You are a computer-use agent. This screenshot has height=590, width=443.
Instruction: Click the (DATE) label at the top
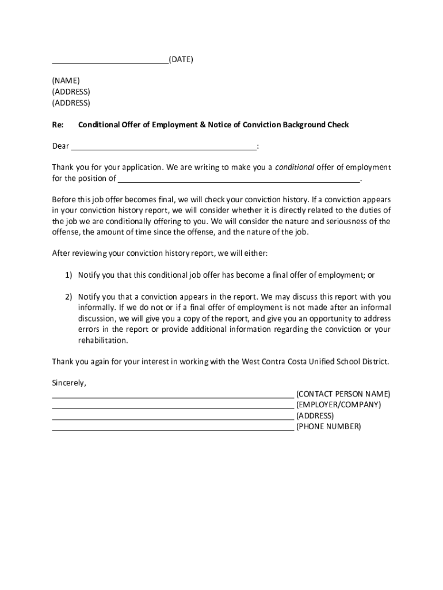coord(181,59)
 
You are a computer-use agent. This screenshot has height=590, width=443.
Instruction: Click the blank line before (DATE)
coord(110,61)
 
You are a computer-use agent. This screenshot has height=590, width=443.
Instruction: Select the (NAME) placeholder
coord(66,81)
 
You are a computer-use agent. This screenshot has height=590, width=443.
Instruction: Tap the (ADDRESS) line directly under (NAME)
coord(71,92)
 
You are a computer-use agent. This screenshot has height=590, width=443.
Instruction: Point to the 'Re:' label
coord(58,125)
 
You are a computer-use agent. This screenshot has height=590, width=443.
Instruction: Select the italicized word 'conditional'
coord(295,168)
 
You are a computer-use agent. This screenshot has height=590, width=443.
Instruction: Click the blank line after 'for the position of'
coord(239,180)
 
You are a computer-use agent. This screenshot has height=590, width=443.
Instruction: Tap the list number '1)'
coord(68,275)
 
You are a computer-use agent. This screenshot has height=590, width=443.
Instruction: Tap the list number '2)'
coord(68,297)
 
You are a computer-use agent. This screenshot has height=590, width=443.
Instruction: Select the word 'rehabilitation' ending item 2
coord(102,341)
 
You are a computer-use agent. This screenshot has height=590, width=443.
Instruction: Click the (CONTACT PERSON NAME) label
coord(343,394)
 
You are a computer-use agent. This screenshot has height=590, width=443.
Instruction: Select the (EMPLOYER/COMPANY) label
coord(338,405)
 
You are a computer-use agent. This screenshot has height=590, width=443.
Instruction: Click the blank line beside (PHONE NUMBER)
coord(173,429)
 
